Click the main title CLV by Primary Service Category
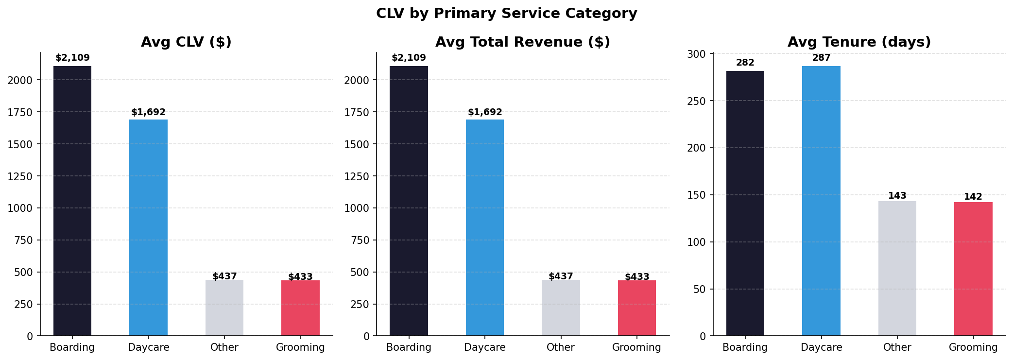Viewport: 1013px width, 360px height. pyautogui.click(x=506, y=14)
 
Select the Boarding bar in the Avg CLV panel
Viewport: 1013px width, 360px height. pyautogui.click(x=72, y=201)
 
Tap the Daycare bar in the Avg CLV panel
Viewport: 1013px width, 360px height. pyautogui.click(x=148, y=227)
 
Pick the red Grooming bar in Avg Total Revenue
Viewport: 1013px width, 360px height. pyautogui.click(x=636, y=308)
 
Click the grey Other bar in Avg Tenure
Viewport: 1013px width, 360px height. pyautogui.click(x=897, y=268)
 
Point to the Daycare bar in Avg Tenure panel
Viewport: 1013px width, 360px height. pyautogui.click(x=821, y=201)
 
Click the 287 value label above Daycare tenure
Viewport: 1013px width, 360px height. pyautogui.click(x=821, y=58)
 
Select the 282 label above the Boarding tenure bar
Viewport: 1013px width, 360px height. pyautogui.click(x=745, y=63)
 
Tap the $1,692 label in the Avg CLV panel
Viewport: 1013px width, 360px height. pyautogui.click(x=148, y=112)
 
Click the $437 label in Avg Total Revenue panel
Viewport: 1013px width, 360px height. pyautogui.click(x=561, y=276)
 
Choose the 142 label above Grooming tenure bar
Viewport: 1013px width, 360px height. pyautogui.click(x=973, y=197)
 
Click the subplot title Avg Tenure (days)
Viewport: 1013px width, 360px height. pyautogui.click(x=859, y=42)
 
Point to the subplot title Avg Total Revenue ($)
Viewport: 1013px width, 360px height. pyautogui.click(x=522, y=42)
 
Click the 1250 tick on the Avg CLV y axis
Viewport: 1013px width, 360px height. pyautogui.click(x=20, y=176)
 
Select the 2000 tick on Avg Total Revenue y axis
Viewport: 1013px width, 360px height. pyautogui.click(x=357, y=80)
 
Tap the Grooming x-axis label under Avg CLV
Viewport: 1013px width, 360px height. pyautogui.click(x=300, y=347)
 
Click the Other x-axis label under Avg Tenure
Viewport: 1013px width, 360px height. pyautogui.click(x=897, y=347)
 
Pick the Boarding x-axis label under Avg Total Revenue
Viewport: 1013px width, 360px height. pyautogui.click(x=409, y=347)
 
